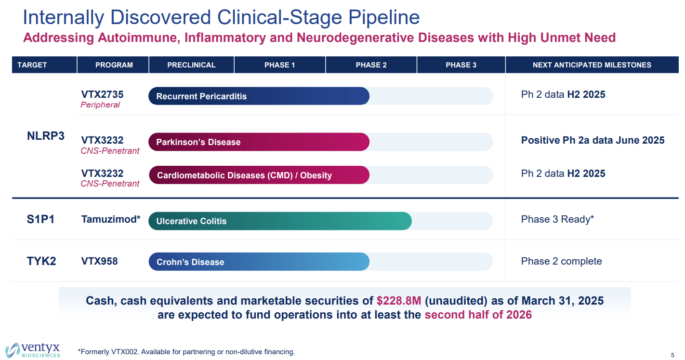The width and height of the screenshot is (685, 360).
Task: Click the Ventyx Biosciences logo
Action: [33, 350]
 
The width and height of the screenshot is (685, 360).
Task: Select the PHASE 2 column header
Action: [371, 65]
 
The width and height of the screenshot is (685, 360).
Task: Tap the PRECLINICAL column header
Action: [191, 65]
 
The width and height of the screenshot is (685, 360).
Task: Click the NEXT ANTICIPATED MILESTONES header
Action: [592, 65]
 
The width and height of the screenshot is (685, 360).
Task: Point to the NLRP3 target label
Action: [46, 136]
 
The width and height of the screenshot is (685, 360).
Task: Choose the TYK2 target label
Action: [41, 261]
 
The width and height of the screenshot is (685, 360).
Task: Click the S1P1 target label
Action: [41, 220]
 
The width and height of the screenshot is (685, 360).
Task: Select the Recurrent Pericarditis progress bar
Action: [259, 96]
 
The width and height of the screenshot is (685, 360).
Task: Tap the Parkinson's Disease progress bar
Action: [259, 142]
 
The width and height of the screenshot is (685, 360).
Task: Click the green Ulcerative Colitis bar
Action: [279, 221]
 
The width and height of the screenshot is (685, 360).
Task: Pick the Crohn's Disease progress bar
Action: [259, 262]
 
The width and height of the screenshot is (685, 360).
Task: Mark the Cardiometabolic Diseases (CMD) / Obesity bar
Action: [259, 175]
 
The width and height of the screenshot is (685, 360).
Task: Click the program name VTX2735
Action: [102, 94]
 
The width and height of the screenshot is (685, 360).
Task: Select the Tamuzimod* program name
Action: [111, 220]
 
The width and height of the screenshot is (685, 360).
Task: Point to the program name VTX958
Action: [99, 261]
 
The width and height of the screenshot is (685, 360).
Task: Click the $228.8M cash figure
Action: [399, 301]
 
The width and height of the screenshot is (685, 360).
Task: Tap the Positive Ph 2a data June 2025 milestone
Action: [593, 140]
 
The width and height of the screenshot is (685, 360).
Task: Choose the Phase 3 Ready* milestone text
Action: [557, 220]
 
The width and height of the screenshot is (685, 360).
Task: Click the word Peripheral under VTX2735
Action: [100, 105]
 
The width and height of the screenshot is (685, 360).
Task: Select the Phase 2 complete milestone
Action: [561, 261]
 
